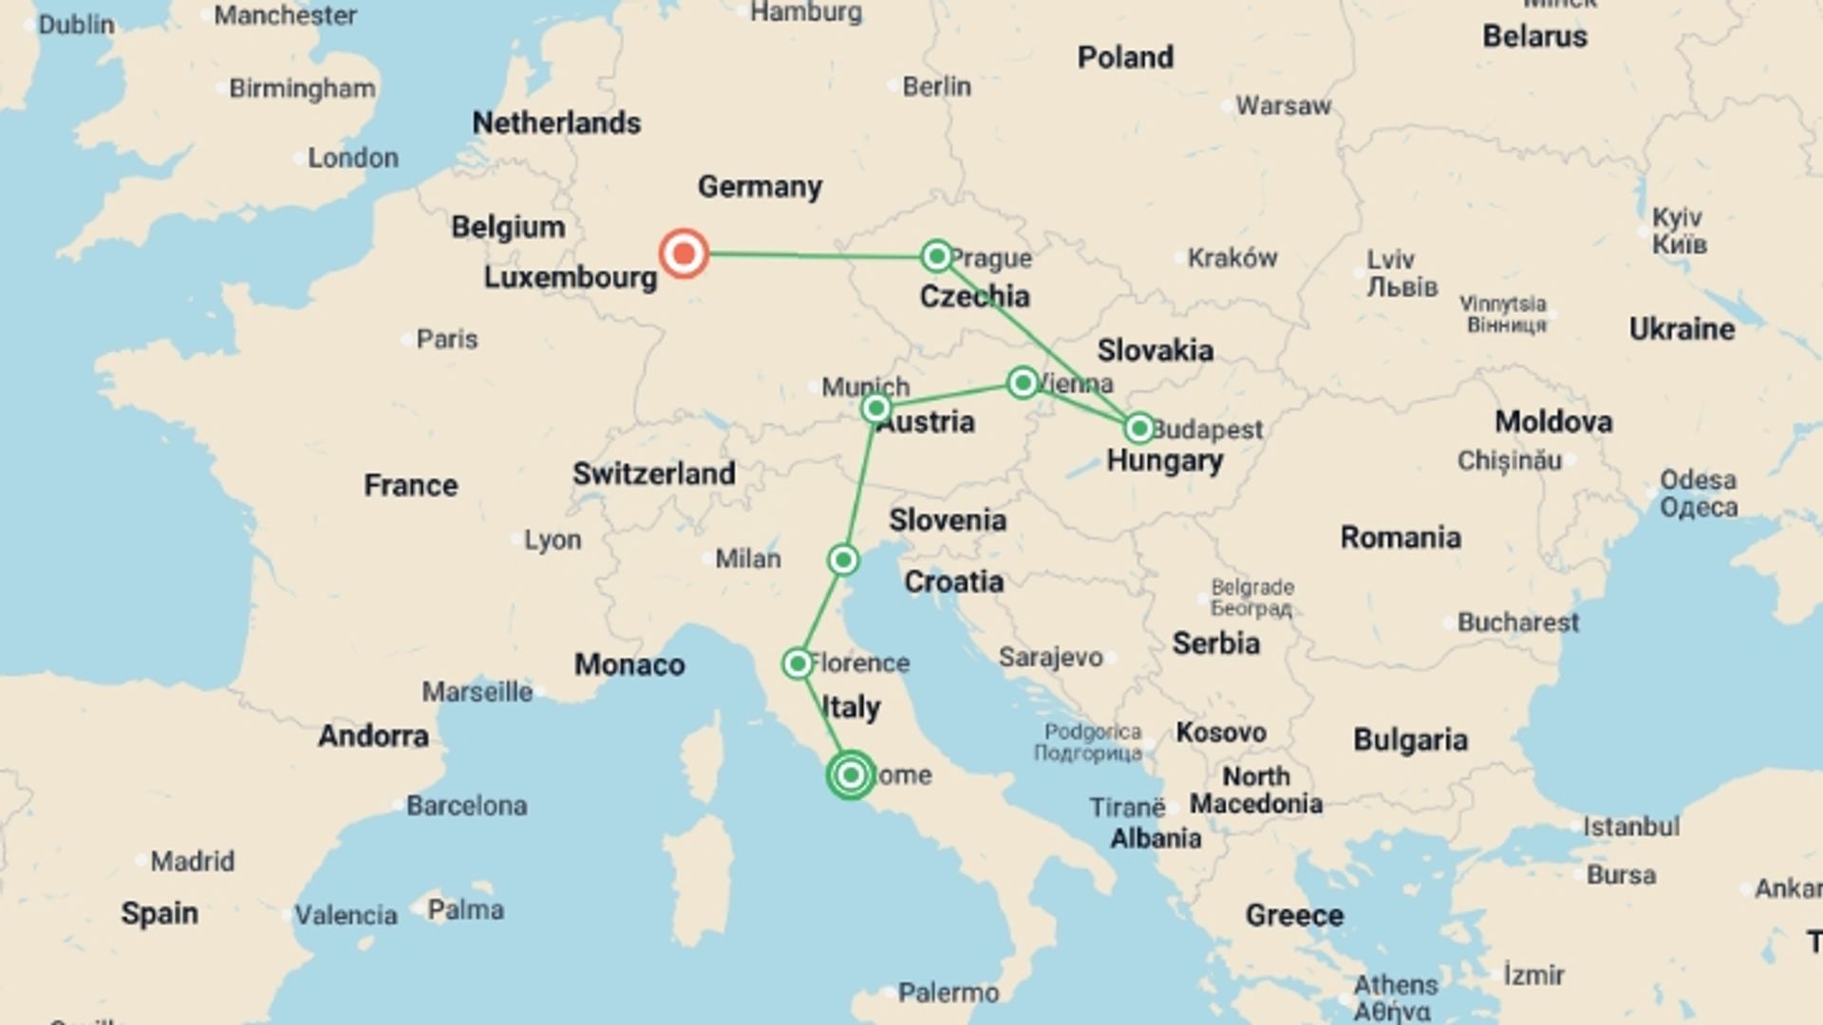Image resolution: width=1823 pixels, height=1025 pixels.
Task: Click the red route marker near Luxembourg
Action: coord(684,253)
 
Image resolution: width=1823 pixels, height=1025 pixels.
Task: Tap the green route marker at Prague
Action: coord(936,255)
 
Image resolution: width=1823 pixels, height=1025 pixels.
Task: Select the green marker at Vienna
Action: coord(1023,382)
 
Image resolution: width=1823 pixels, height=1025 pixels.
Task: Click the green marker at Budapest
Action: coord(1138,428)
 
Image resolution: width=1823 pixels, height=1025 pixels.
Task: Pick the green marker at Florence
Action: coord(798,663)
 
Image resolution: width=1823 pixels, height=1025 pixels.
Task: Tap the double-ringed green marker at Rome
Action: coord(851,775)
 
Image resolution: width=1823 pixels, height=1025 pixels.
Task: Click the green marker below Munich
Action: coord(875,408)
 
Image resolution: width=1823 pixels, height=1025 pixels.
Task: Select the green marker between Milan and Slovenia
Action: coord(843,560)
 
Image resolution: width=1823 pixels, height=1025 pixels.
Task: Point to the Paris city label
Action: coord(446,339)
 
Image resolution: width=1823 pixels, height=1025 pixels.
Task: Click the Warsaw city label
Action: coord(1283,105)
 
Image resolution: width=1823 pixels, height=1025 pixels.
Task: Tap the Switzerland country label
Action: coord(653,474)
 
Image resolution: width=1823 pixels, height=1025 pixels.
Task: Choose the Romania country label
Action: coord(1400,537)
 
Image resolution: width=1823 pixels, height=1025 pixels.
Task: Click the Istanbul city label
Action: coord(1630,827)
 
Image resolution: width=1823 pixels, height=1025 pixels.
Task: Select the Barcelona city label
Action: coord(466,806)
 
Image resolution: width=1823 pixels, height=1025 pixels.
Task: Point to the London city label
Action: coord(352,158)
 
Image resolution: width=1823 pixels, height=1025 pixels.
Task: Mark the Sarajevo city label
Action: coord(1050,657)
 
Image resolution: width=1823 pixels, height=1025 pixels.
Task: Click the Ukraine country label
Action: coord(1682,329)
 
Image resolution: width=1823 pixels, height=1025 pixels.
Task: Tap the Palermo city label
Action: coord(949,993)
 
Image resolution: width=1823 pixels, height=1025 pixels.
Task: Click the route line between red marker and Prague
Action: coord(807,254)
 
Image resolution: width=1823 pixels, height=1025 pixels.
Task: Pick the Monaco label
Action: coord(629,664)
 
